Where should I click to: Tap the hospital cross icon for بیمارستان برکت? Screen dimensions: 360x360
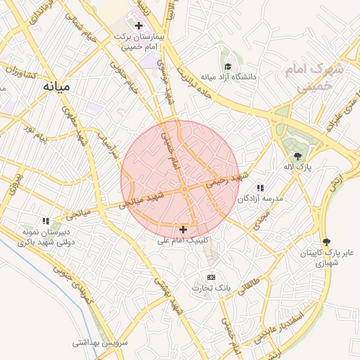pyautogui.click(x=139, y=25)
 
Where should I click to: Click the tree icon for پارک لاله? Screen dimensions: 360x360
pyautogui.click(x=297, y=155)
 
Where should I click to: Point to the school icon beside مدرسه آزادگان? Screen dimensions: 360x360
pyautogui.click(x=260, y=188)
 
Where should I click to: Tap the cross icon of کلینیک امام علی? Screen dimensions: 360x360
pyautogui.click(x=184, y=229)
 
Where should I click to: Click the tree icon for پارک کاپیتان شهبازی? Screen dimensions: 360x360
pyautogui.click(x=325, y=241)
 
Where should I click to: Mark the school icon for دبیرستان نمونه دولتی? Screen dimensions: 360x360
pyautogui.click(x=46, y=221)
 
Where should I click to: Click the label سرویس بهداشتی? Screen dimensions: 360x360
pyautogui.click(x=100, y=343)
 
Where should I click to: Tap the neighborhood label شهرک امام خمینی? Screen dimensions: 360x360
pyautogui.click(x=311, y=78)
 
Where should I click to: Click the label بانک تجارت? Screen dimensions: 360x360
pyautogui.click(x=210, y=288)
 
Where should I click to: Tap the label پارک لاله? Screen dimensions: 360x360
pyautogui.click(x=297, y=167)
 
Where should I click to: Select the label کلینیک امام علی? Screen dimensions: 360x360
pyautogui.click(x=184, y=240)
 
